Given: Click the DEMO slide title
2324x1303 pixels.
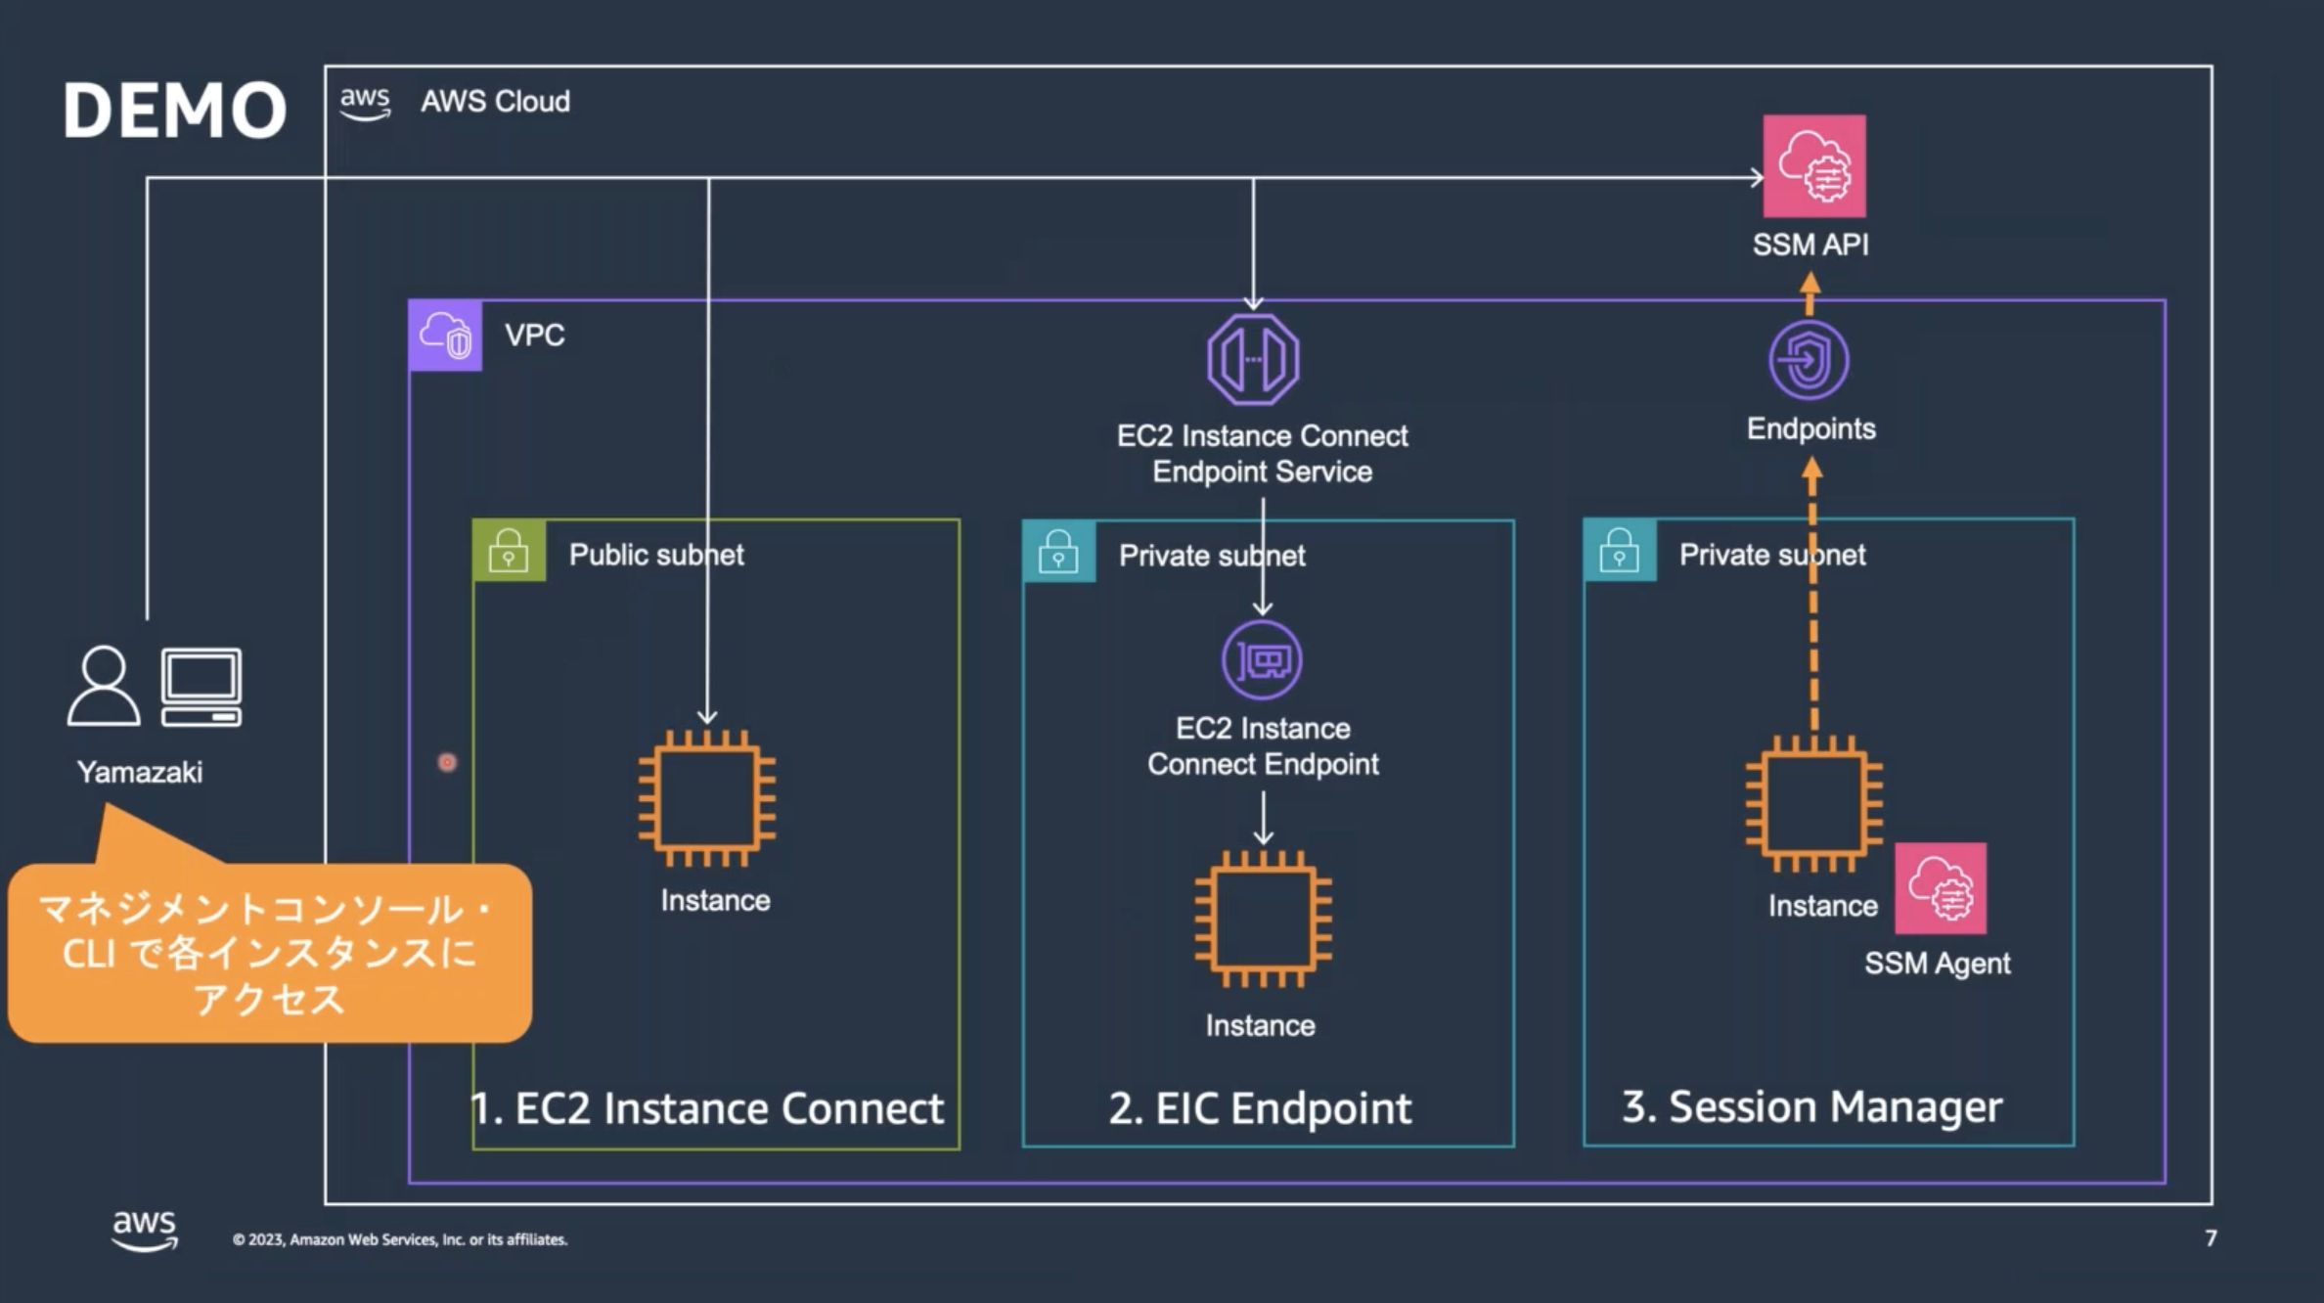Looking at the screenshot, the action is (x=175, y=110).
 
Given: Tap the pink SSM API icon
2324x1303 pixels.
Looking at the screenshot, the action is (x=1814, y=166).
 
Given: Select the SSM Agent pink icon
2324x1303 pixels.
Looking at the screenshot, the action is (x=1941, y=888).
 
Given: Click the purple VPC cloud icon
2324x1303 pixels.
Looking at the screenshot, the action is (x=445, y=336).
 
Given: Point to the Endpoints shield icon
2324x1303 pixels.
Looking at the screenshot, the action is (x=1809, y=360).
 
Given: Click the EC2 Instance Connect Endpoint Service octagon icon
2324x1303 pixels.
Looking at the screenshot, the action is (x=1253, y=359).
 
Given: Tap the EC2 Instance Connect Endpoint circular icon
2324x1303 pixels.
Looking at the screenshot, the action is (x=1262, y=660).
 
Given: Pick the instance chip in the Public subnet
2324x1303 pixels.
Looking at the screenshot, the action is (x=707, y=798).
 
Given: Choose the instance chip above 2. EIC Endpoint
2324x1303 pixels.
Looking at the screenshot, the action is (x=1263, y=920).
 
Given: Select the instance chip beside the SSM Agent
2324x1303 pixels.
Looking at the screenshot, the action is (x=1814, y=803).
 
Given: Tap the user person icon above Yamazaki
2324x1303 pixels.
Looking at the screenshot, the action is (x=104, y=685).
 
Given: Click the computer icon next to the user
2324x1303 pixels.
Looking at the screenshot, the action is (x=201, y=687).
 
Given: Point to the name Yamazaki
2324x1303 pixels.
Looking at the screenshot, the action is (x=140, y=772).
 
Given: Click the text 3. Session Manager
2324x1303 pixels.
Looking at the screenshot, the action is (x=1812, y=1106).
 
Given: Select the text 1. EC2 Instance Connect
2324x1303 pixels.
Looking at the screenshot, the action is (x=707, y=1108).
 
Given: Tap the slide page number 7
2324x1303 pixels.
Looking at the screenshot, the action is (x=2211, y=1238).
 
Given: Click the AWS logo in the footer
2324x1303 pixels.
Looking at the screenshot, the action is (x=145, y=1230).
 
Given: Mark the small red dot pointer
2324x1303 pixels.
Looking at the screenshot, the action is (x=447, y=762).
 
